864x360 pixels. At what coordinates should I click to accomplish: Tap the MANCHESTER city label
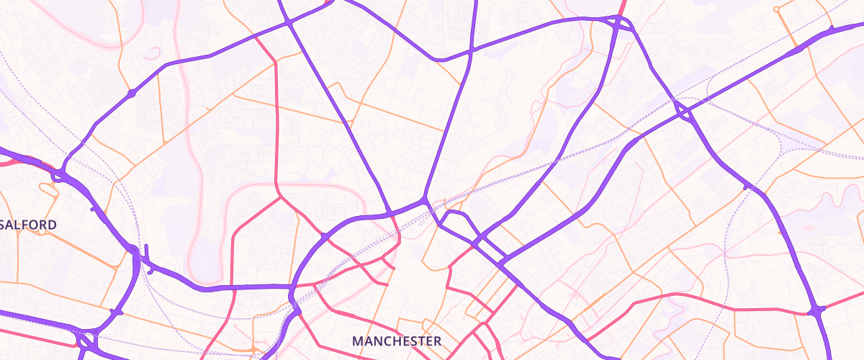(397, 340)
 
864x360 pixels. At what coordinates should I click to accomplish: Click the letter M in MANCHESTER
(357, 340)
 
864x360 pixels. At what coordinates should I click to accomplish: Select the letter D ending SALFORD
(52, 225)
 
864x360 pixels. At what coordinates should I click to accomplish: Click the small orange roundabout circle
(776, 9)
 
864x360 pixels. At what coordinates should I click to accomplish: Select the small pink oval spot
(807, 228)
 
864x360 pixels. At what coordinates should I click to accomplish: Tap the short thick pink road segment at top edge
(621, 6)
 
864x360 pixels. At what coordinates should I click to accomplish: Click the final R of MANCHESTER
(436, 340)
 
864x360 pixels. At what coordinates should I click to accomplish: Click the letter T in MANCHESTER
(420, 340)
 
